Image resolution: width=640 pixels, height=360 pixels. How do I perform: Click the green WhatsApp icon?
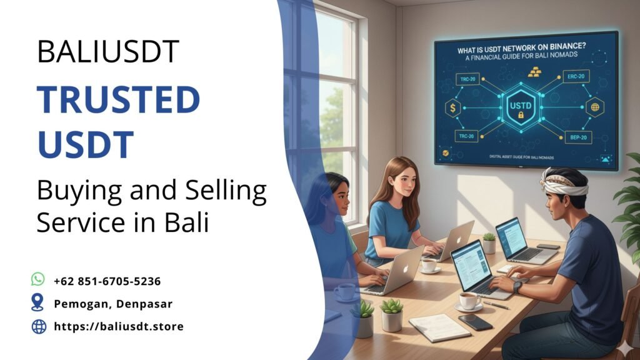(x=38, y=280)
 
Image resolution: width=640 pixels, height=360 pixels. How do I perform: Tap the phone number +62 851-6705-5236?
(x=107, y=281)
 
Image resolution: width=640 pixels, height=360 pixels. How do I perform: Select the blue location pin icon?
(x=38, y=303)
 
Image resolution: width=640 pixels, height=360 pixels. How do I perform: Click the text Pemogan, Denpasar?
(x=112, y=304)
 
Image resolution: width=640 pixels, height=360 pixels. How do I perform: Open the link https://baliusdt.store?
(x=119, y=326)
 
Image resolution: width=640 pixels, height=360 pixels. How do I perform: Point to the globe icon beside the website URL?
(x=38, y=326)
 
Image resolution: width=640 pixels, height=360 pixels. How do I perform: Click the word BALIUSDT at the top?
(x=108, y=52)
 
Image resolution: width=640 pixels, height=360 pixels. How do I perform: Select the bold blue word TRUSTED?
(x=118, y=100)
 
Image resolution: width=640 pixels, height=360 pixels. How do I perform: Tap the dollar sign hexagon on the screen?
(x=451, y=108)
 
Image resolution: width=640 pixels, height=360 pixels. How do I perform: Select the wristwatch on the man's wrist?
(x=517, y=286)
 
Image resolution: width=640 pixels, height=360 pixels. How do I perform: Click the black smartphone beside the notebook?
(x=476, y=322)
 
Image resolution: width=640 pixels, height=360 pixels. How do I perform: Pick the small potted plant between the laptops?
(x=489, y=243)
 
